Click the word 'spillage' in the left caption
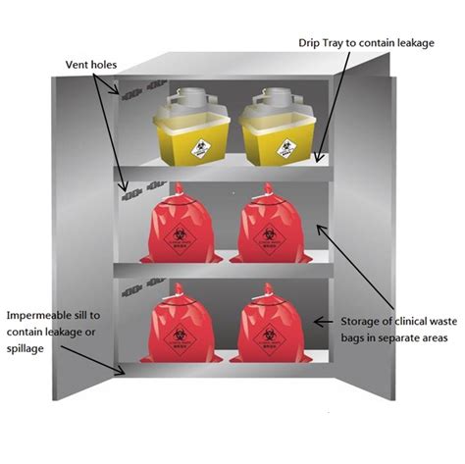(29, 347)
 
